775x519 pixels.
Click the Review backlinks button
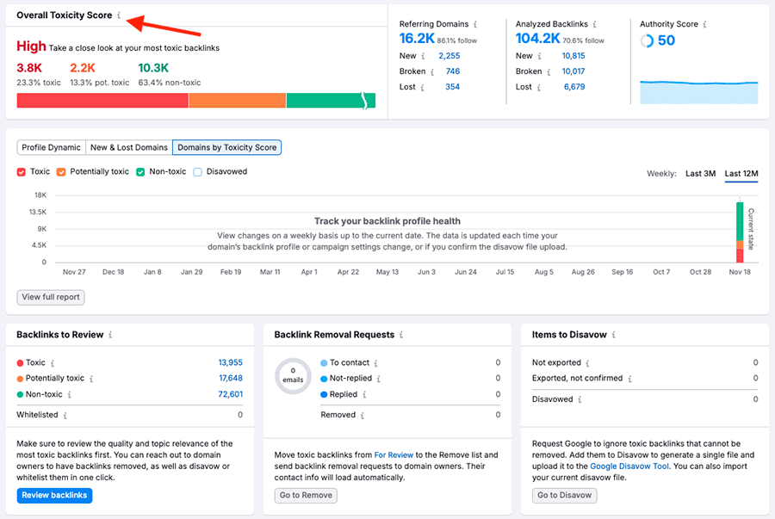[x=53, y=495]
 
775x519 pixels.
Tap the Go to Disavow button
[x=564, y=495]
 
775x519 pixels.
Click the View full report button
[x=51, y=297]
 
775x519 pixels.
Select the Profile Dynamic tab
[x=51, y=147]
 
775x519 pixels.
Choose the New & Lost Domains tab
[x=129, y=147]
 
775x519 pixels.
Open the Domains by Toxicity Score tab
[x=226, y=147]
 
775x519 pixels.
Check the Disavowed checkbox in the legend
[x=198, y=172]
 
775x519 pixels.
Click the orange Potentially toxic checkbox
[x=61, y=172]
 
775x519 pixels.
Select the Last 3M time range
[x=700, y=174]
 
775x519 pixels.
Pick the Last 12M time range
[x=741, y=174]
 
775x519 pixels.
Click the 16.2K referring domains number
[x=417, y=39]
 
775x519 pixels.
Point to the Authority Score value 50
[x=666, y=40]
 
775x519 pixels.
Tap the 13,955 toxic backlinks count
[x=230, y=363]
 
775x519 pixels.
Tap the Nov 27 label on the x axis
[x=75, y=272]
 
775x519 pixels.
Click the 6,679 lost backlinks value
[x=573, y=87]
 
